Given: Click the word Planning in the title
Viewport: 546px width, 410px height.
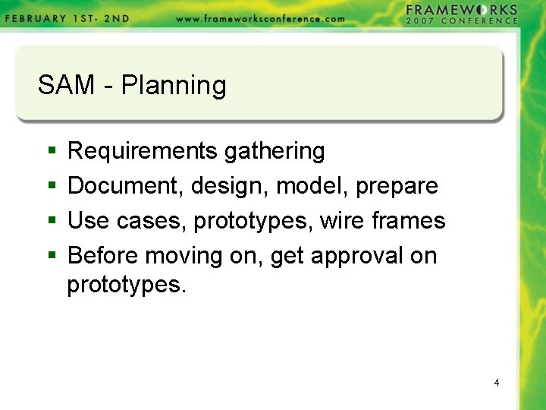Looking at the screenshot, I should [174, 86].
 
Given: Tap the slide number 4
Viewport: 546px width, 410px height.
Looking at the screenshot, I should [497, 383].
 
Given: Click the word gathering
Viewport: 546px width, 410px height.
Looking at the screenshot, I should [275, 152].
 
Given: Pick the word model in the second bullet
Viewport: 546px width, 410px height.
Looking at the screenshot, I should [310, 185].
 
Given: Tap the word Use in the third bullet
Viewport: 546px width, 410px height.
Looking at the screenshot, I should [89, 221].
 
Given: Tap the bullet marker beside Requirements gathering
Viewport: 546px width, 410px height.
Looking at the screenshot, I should [51, 152].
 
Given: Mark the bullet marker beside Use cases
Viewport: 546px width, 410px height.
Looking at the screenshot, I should [51, 222].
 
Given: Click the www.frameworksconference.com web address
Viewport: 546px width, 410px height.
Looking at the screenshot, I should [260, 19].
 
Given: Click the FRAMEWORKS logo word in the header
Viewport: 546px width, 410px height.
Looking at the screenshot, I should [462, 10].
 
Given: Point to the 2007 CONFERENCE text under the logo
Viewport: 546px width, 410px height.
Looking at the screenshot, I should [462, 21].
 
